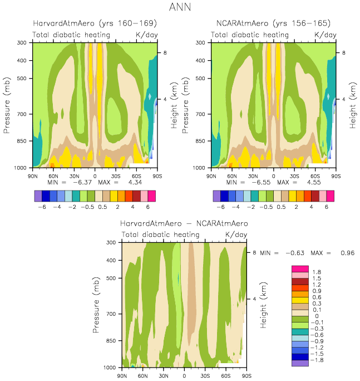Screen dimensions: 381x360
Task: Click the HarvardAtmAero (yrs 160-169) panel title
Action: tap(95, 24)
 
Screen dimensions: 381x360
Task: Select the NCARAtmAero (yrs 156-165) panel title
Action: tap(273, 24)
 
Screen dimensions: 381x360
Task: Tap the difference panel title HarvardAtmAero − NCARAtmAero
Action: tap(184, 223)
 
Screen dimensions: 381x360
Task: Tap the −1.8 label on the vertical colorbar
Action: tap(318, 360)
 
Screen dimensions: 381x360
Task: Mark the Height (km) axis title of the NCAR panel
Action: tap(352, 105)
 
